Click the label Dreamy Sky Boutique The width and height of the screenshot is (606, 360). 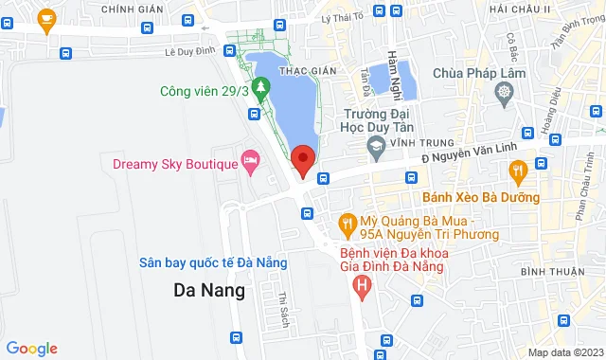(175, 164)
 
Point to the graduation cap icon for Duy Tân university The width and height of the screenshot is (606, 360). (376, 147)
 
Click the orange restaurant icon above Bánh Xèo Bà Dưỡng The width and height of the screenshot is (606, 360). (517, 172)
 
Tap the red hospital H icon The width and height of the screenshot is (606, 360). (361, 283)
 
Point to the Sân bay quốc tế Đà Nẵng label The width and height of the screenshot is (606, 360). (213, 262)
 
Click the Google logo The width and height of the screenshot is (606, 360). (30, 348)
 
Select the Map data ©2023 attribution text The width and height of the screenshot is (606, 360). (564, 352)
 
